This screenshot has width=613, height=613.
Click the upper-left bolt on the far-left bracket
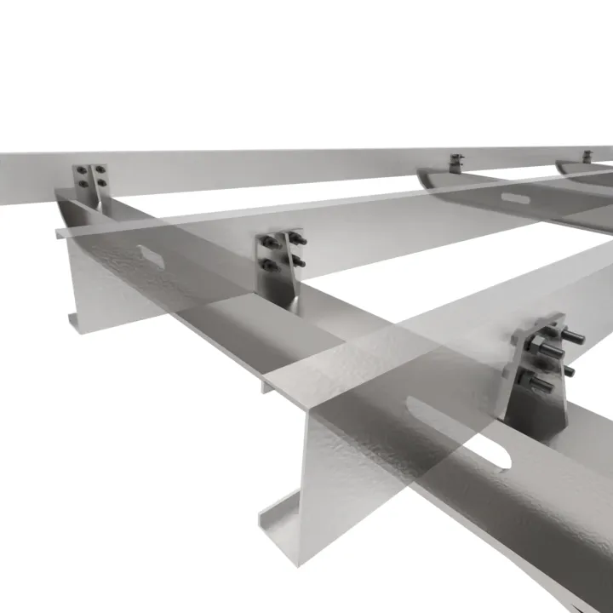pos(81,171)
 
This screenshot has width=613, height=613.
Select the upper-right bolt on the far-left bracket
pos(101,170)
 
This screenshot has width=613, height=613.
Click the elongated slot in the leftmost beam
pos(149,254)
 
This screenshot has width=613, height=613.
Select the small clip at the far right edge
pos(587,157)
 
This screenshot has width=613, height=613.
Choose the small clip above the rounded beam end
pos(457,161)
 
